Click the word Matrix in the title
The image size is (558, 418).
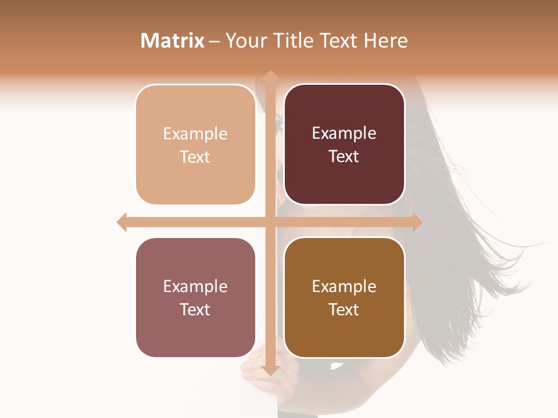173,41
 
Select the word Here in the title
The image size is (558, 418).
385,41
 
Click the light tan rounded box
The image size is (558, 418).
195,145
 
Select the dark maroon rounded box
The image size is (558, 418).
344,145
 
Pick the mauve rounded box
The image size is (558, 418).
195,297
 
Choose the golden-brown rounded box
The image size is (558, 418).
344,297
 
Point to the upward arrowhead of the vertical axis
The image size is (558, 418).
270,75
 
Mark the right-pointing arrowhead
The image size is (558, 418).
417,222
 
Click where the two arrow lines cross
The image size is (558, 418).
270,222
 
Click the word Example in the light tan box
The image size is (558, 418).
195,134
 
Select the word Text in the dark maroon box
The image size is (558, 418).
344,157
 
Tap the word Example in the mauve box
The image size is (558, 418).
195,287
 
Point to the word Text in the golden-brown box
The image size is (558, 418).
344,309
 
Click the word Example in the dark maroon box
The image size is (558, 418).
344,134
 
